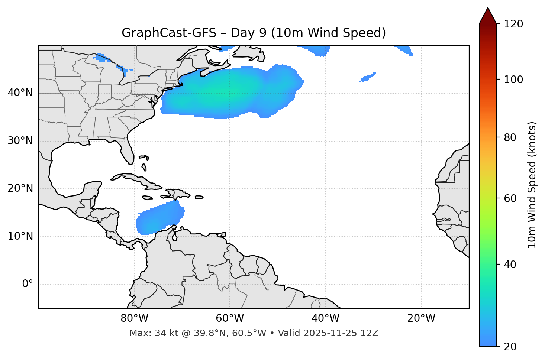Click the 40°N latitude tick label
click(x=20, y=93)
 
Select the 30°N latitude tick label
click(x=20, y=141)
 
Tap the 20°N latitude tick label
click(x=20, y=188)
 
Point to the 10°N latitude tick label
click(x=20, y=236)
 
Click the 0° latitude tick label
click(x=27, y=284)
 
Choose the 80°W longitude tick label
click(x=134, y=318)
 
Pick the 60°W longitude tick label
click(x=230, y=318)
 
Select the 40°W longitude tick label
click(x=325, y=318)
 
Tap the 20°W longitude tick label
click(x=421, y=318)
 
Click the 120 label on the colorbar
click(x=513, y=24)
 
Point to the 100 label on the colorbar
click(x=513, y=80)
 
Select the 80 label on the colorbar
click(x=510, y=138)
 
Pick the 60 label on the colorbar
click(x=510, y=199)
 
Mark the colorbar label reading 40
click(x=510, y=265)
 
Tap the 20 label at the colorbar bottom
click(x=510, y=347)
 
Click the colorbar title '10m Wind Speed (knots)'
click(x=532, y=185)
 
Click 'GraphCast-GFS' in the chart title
click(x=169, y=33)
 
